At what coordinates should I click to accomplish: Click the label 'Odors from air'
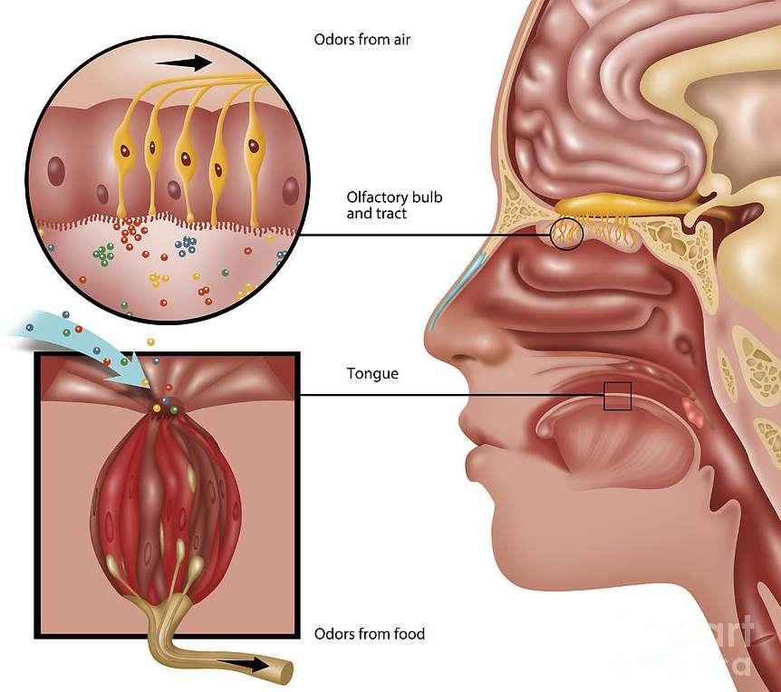point(357,40)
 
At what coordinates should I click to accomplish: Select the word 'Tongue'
point(372,373)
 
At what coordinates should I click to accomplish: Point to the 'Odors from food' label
point(369,634)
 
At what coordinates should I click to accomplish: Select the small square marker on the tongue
point(617,396)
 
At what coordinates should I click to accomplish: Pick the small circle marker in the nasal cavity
point(566,235)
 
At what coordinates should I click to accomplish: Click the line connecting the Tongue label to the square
point(453,395)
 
